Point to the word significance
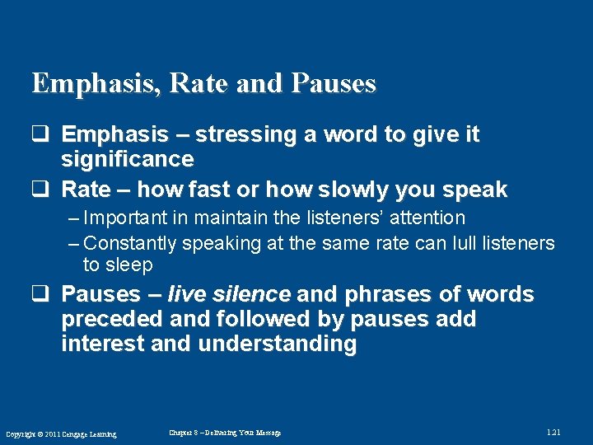coord(128,158)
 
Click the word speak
coord(475,190)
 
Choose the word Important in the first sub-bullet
coord(124,218)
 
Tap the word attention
coord(423,218)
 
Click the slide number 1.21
coord(553,433)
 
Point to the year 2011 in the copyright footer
coord(53,434)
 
